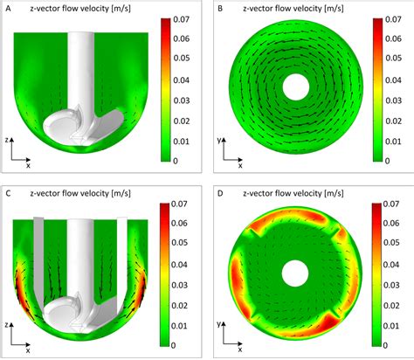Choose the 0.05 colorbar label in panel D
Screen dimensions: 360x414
402,251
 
